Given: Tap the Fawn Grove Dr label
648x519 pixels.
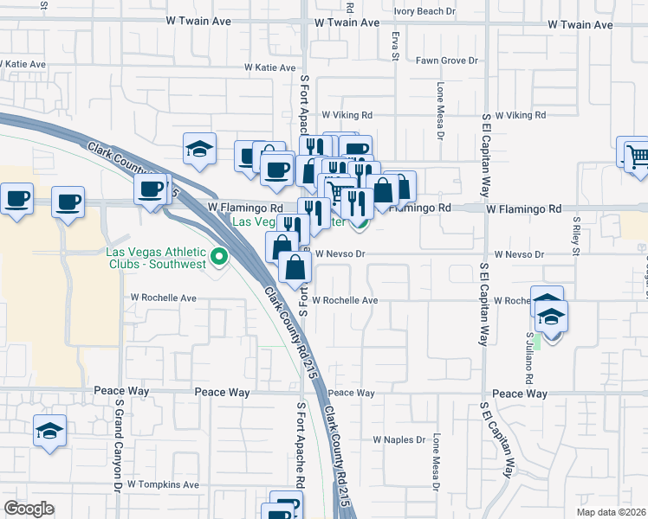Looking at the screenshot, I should tap(447, 61).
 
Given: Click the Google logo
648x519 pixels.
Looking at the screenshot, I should tap(29, 509).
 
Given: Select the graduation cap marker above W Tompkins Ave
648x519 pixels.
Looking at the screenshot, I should tap(50, 430).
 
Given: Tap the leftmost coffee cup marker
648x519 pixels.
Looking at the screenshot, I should tap(17, 199).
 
